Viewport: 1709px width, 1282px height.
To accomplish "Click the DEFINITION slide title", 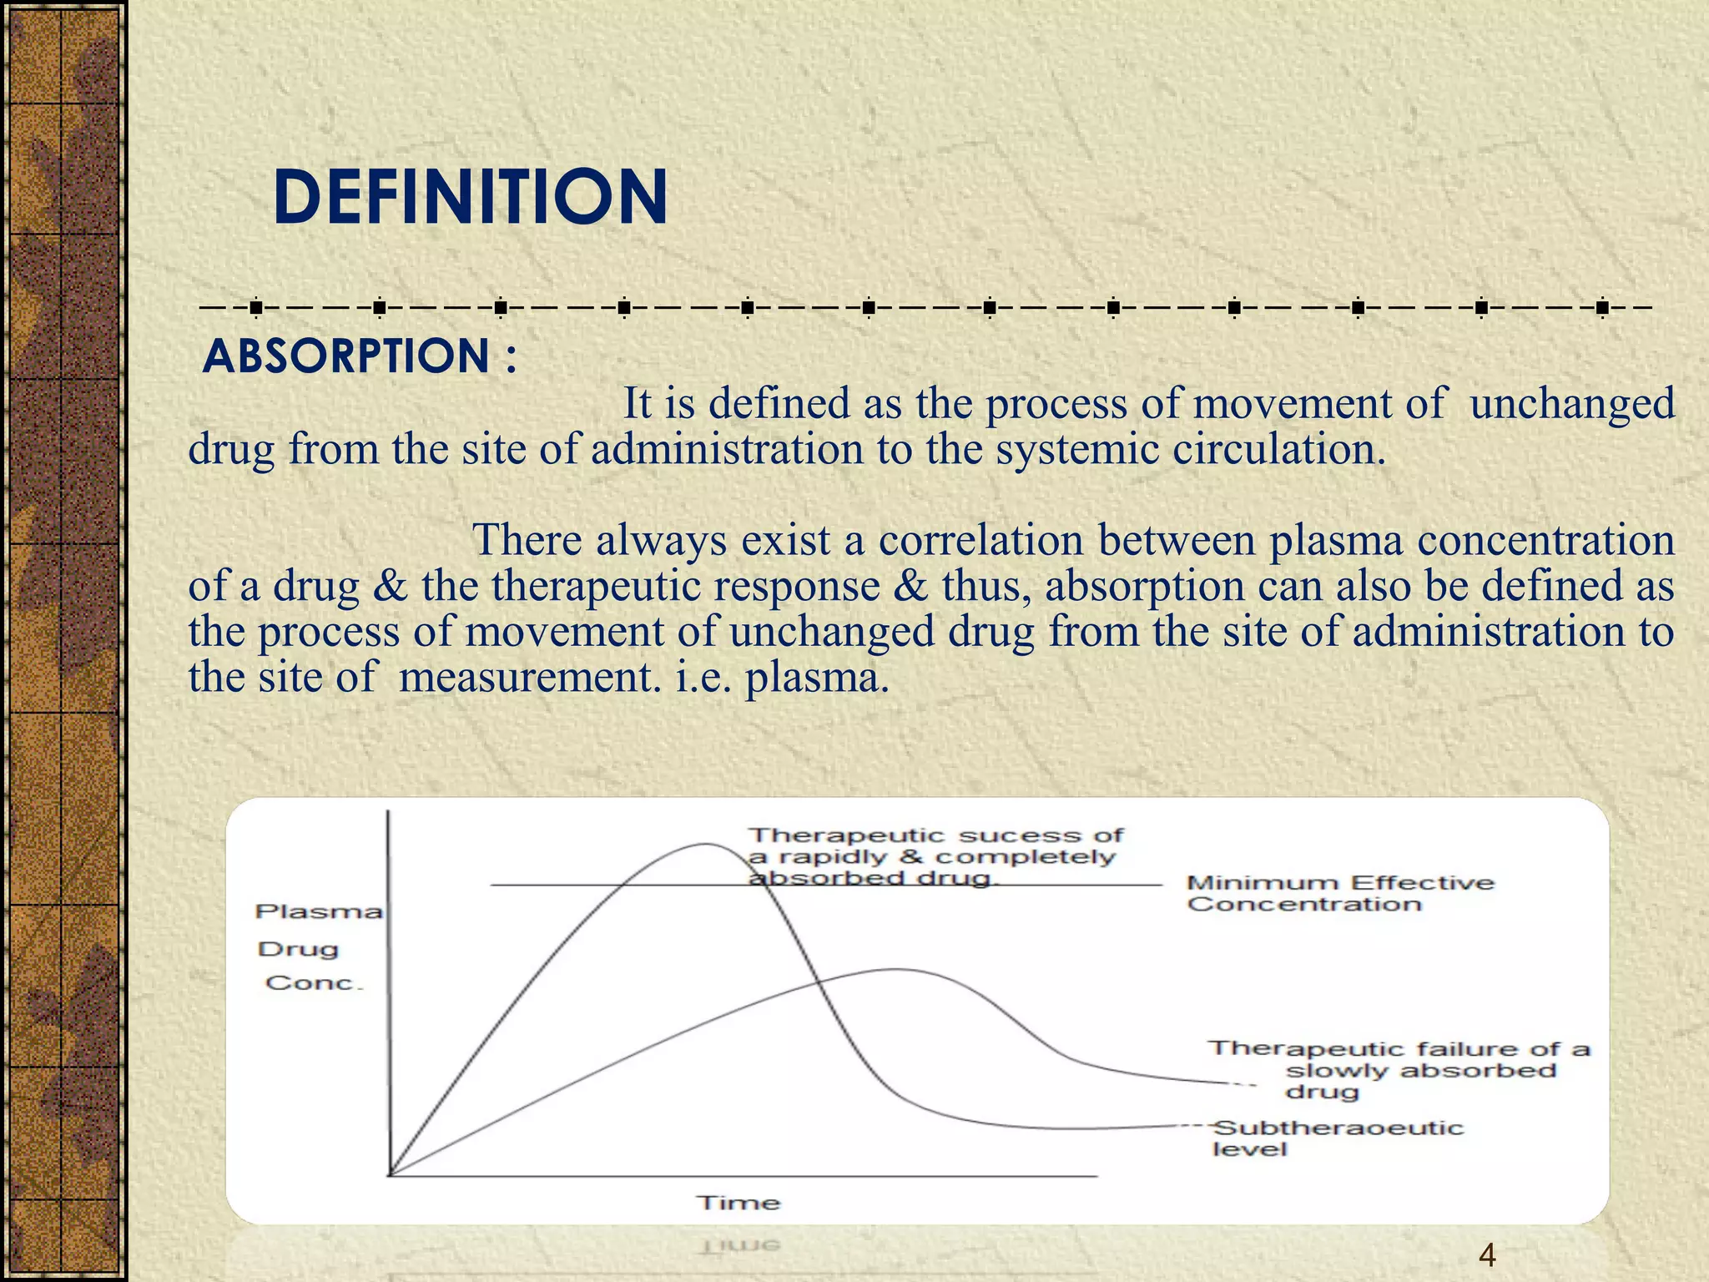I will point(470,197).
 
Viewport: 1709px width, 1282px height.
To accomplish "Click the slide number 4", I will point(1486,1255).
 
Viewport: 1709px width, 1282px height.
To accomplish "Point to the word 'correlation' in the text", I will point(981,540).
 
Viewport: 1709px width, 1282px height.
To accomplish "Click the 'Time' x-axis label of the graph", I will point(739,1203).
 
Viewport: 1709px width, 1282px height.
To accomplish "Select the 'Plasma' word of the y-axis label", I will point(318,911).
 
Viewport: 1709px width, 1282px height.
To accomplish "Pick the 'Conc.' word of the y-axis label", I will point(315,983).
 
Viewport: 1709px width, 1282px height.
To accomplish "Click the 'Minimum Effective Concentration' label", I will point(1339,893).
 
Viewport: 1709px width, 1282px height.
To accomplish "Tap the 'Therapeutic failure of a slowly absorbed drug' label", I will point(1399,1070).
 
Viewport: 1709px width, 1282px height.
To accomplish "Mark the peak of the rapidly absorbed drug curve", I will point(706,845).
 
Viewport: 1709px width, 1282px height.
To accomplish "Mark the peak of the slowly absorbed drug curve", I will point(897,970).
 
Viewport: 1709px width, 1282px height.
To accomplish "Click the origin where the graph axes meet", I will point(390,1175).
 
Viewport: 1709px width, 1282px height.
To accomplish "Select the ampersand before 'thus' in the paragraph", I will point(910,586).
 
